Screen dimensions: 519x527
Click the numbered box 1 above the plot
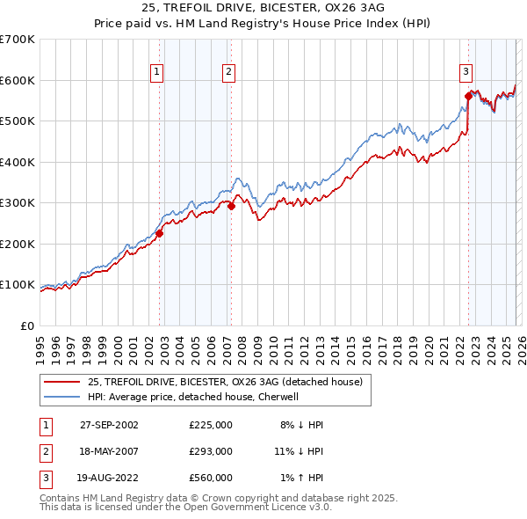pos(157,72)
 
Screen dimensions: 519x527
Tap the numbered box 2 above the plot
pos(228,72)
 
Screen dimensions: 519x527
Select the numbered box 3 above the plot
pos(466,72)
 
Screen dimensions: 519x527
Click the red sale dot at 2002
pos(160,233)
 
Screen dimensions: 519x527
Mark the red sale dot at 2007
pos(231,206)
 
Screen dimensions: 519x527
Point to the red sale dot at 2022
pos(468,97)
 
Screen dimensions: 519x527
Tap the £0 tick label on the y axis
pos(28,325)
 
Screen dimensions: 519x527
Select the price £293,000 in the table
pos(211,451)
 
